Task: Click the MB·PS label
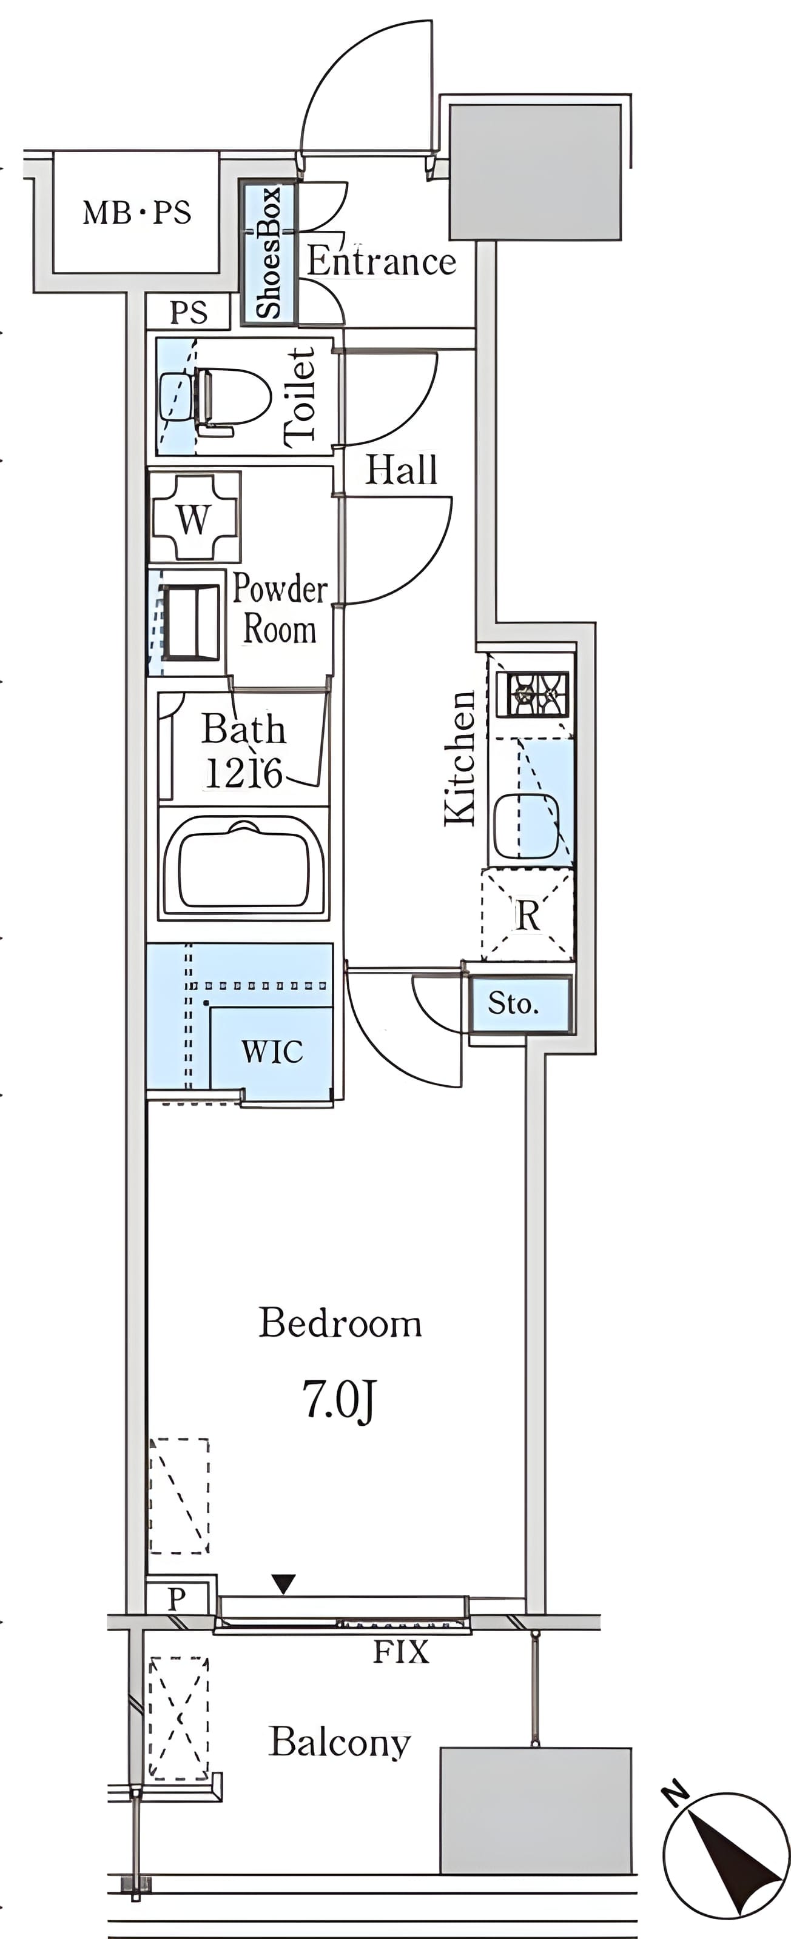[136, 213]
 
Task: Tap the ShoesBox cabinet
[269, 252]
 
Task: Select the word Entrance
[381, 261]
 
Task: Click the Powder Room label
[280, 608]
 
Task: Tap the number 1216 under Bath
[243, 773]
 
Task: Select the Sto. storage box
[519, 1004]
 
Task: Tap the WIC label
[272, 1051]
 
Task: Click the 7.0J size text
[339, 1399]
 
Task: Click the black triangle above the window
[283, 1584]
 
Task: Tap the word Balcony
[340, 1743]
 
